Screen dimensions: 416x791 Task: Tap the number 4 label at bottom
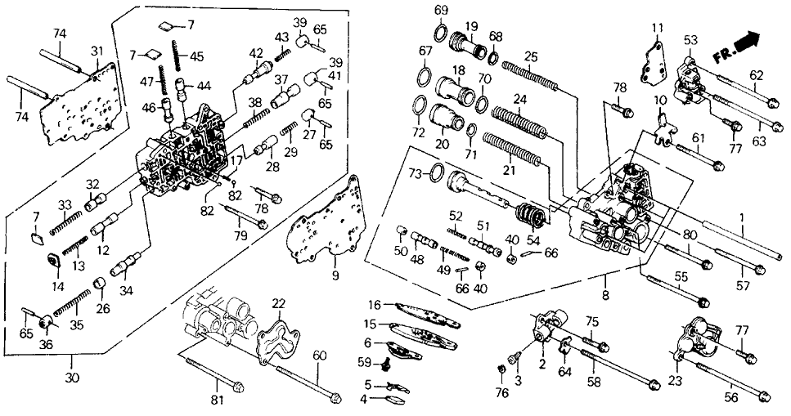(367, 400)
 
